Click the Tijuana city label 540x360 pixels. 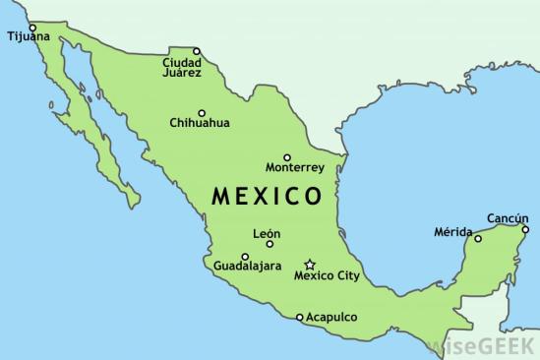[x=27, y=36]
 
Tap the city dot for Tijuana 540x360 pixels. [x=32, y=27]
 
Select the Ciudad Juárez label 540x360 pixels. [x=183, y=66]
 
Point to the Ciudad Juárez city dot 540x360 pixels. [x=197, y=51]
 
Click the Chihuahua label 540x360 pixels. [x=200, y=123]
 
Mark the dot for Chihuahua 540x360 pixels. [x=202, y=112]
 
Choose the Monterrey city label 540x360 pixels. [x=295, y=168]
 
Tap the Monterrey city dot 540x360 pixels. [x=286, y=157]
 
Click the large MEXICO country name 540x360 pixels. [x=267, y=196]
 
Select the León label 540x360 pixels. [x=267, y=233]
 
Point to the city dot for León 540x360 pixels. [x=270, y=244]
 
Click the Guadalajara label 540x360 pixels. [x=248, y=267]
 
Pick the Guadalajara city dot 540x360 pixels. [x=245, y=257]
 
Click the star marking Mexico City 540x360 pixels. [x=309, y=265]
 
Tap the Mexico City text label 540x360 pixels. [x=328, y=276]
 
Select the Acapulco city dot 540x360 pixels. [x=300, y=317]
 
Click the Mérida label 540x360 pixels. [x=452, y=232]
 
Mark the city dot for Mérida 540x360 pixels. [x=479, y=238]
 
